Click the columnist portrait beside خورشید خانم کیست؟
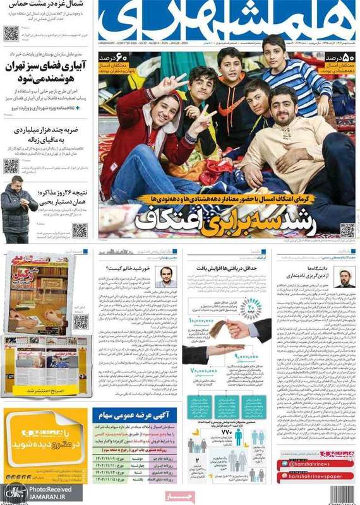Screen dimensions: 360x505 pyautogui.click(x=165, y=276)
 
